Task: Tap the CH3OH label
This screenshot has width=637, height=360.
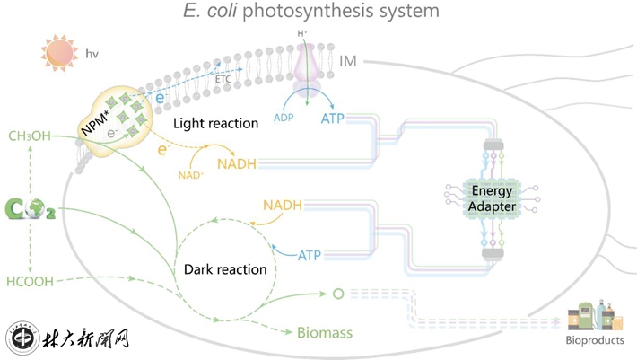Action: (29, 136)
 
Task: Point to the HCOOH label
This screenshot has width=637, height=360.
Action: (31, 281)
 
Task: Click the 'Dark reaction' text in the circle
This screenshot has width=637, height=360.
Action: (225, 268)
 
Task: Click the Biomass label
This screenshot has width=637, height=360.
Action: (325, 333)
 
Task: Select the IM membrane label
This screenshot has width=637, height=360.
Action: (354, 61)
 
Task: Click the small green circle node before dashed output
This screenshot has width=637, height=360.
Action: (338, 293)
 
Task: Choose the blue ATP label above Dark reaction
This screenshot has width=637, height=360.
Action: (309, 256)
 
